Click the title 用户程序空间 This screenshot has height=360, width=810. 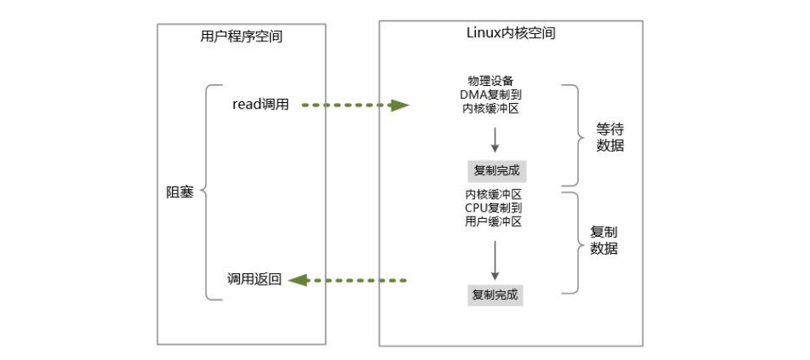(x=242, y=36)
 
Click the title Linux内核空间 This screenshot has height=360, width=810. (x=511, y=33)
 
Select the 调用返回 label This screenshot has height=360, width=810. (x=255, y=279)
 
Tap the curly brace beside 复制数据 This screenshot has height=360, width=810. (x=573, y=242)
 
